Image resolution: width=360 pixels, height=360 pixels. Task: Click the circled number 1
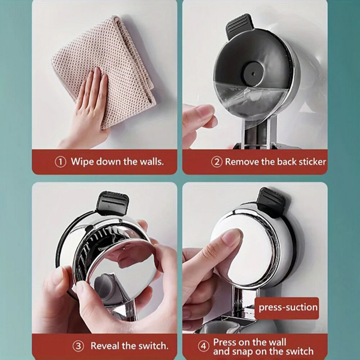(x=60, y=162)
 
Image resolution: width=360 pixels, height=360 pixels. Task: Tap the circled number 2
(x=217, y=162)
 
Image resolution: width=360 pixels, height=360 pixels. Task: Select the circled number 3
(x=78, y=346)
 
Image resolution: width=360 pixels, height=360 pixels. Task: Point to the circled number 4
(x=203, y=346)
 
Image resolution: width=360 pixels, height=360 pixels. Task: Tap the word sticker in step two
(x=312, y=162)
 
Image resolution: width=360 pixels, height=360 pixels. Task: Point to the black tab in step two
(x=239, y=25)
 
